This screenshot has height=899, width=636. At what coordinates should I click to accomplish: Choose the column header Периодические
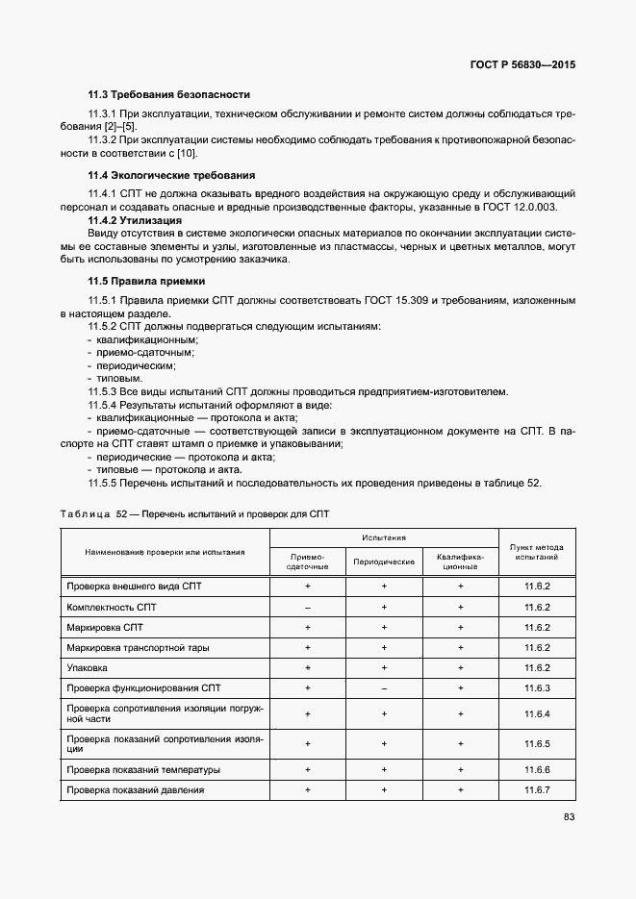pos(384,561)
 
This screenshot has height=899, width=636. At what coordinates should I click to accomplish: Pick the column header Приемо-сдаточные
pos(307,561)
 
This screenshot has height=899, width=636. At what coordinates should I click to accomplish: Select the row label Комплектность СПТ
pos(112,608)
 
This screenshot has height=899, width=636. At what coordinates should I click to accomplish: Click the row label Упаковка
pos(87,667)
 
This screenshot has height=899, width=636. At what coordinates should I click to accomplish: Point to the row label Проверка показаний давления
pos(135,790)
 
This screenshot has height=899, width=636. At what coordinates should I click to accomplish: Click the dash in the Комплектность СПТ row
pos(307,608)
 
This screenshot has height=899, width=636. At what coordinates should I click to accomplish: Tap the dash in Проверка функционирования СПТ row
pos(384,688)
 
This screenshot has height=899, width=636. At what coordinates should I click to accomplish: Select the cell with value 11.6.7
pos(536,790)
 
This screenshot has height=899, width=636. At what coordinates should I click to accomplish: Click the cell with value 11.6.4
pos(536,713)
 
